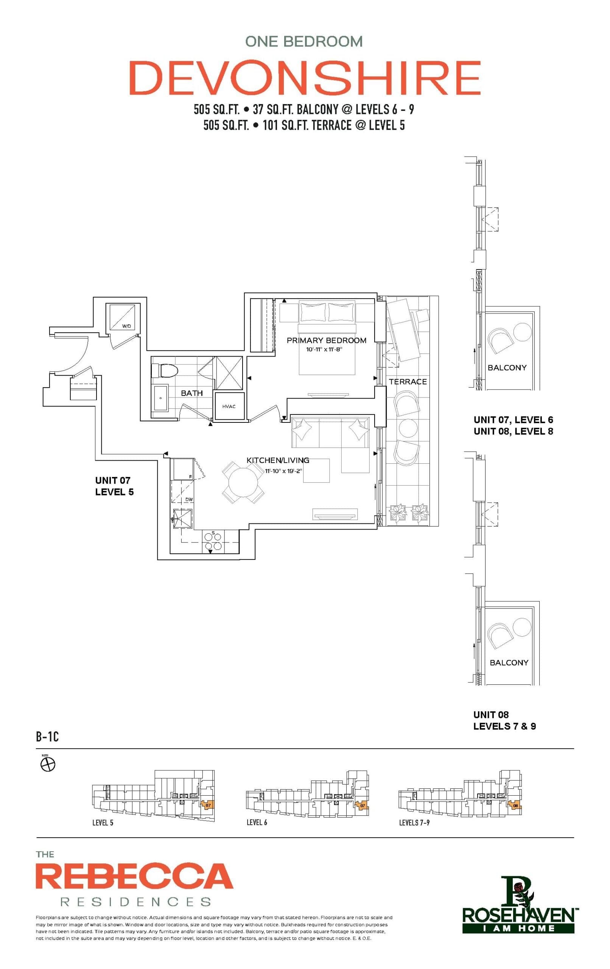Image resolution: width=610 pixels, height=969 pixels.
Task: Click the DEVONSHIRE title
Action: click(305, 78)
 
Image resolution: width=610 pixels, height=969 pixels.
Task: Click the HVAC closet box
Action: click(229, 407)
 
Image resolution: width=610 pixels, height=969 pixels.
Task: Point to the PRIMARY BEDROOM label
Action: click(326, 340)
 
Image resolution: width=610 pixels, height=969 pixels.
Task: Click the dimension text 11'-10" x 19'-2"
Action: click(283, 470)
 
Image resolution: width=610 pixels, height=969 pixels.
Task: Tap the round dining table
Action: click(243, 482)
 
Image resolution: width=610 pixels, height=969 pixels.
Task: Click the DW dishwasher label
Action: click(189, 499)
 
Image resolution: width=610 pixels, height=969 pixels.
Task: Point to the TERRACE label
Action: click(407, 382)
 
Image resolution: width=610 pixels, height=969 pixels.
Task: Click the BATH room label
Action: click(191, 393)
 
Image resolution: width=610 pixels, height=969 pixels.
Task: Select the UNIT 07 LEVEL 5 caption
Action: click(114, 486)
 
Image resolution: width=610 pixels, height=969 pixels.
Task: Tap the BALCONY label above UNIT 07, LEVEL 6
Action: click(507, 368)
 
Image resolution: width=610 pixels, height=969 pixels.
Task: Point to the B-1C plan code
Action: click(47, 737)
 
